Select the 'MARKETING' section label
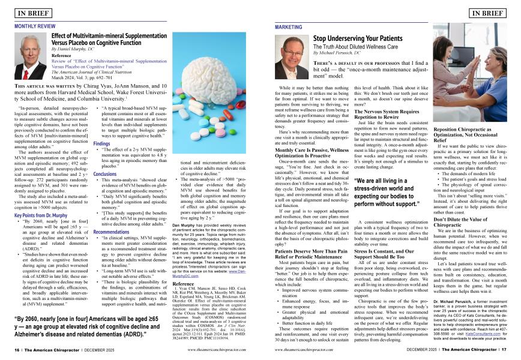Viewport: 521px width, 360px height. pyautogui.click(x=288, y=27)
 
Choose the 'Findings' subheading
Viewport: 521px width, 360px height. pyautogui.click(x=102, y=144)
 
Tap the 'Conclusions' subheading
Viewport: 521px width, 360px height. pyautogui.click(x=105, y=173)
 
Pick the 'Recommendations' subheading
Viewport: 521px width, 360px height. pyautogui.click(x=112, y=231)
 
